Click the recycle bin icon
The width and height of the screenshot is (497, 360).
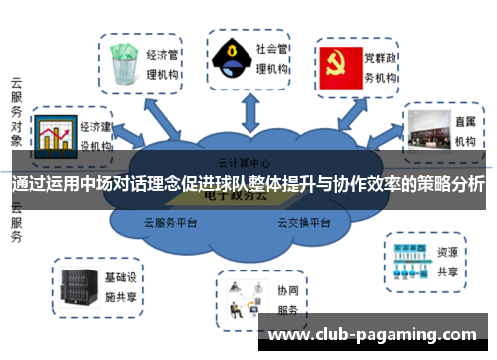tap(123, 63)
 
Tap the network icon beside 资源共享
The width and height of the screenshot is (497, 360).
tap(410, 257)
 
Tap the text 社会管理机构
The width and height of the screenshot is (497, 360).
tap(271, 58)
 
